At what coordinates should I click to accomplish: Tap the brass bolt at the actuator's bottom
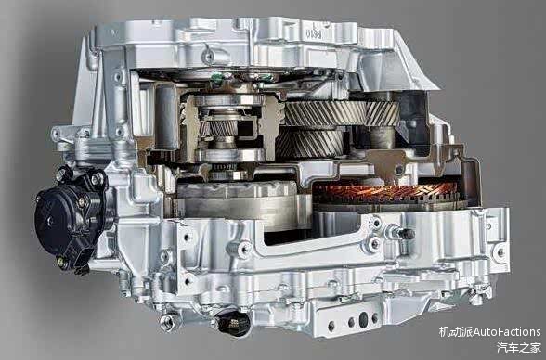pos(63,262)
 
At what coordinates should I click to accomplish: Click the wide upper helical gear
pos(325,113)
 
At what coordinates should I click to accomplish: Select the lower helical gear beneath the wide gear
pos(309,143)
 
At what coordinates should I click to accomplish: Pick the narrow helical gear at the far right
pos(383,113)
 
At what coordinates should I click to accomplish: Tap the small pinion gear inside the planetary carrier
pos(223,128)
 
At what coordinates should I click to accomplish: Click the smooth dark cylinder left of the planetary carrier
pos(166,117)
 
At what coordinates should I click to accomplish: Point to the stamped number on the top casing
pos(314,33)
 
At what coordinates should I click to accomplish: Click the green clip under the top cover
pos(217,77)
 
